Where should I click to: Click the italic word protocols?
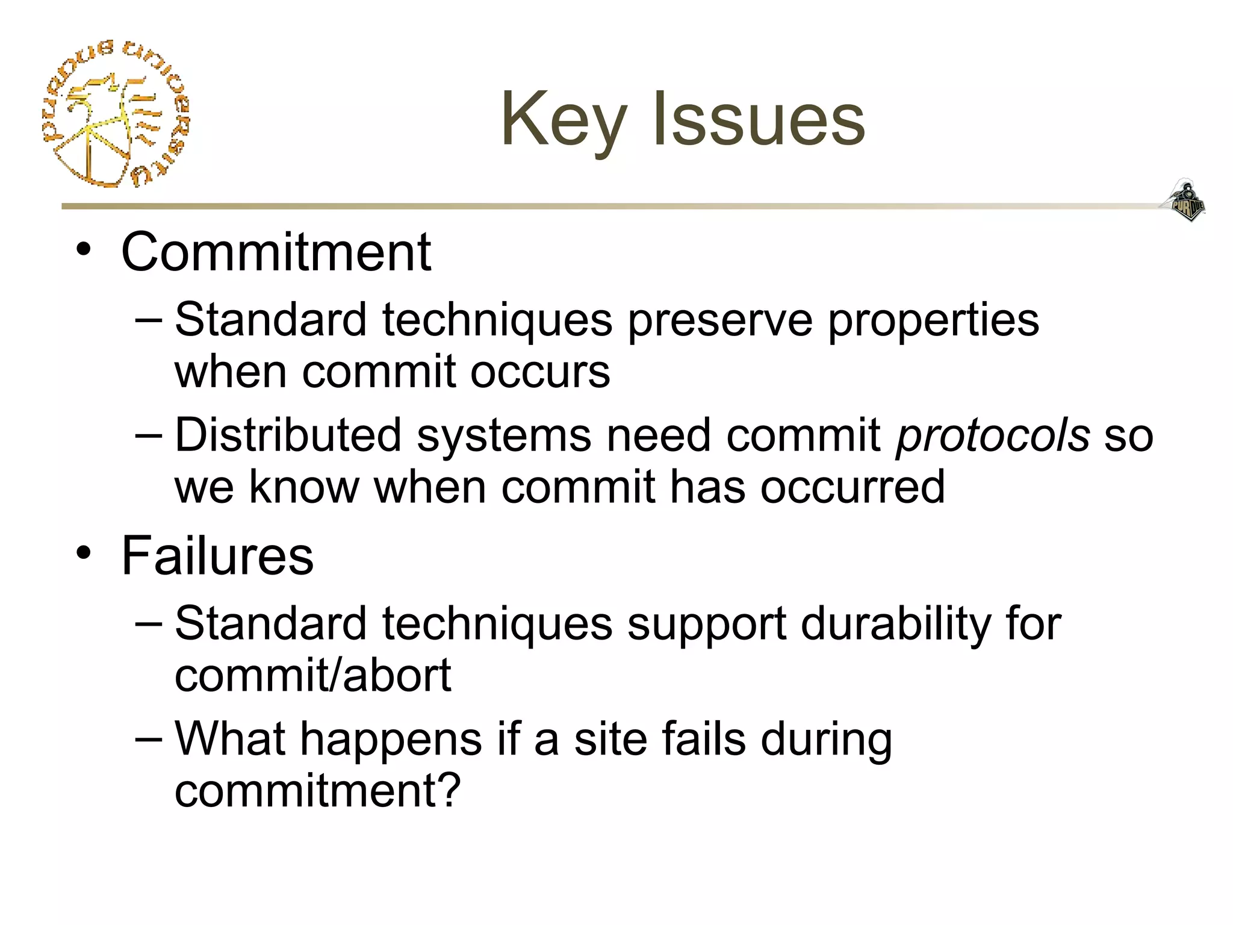click(993, 435)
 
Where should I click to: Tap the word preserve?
click(720, 320)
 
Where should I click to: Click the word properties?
click(933, 320)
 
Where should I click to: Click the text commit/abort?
click(312, 675)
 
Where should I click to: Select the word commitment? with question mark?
click(317, 790)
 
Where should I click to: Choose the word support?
click(706, 624)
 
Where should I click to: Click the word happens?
click(391, 740)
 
